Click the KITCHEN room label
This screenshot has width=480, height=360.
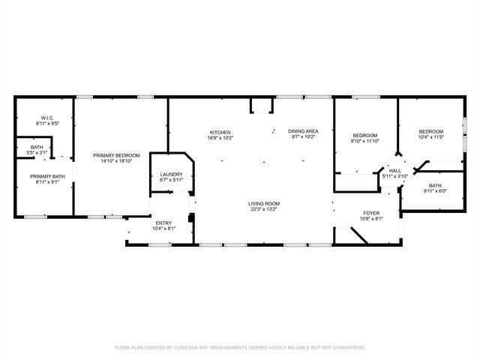(x=220, y=132)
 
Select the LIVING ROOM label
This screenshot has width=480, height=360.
(x=264, y=203)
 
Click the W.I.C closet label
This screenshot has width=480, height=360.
(x=46, y=118)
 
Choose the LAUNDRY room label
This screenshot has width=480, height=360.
(x=171, y=175)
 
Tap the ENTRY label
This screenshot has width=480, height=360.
(x=163, y=223)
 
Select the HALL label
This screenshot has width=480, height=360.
(x=395, y=170)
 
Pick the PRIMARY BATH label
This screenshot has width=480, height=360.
(x=43, y=176)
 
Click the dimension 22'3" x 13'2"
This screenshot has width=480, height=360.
(x=264, y=209)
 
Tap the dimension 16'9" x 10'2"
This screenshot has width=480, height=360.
(x=220, y=138)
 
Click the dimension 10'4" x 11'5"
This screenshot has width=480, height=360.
(x=430, y=137)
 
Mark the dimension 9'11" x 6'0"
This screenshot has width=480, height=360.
(x=435, y=190)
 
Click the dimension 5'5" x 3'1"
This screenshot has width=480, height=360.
(x=37, y=152)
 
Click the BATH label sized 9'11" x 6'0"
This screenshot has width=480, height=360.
(x=435, y=184)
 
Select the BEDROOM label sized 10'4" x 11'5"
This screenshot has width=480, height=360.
(x=430, y=131)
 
